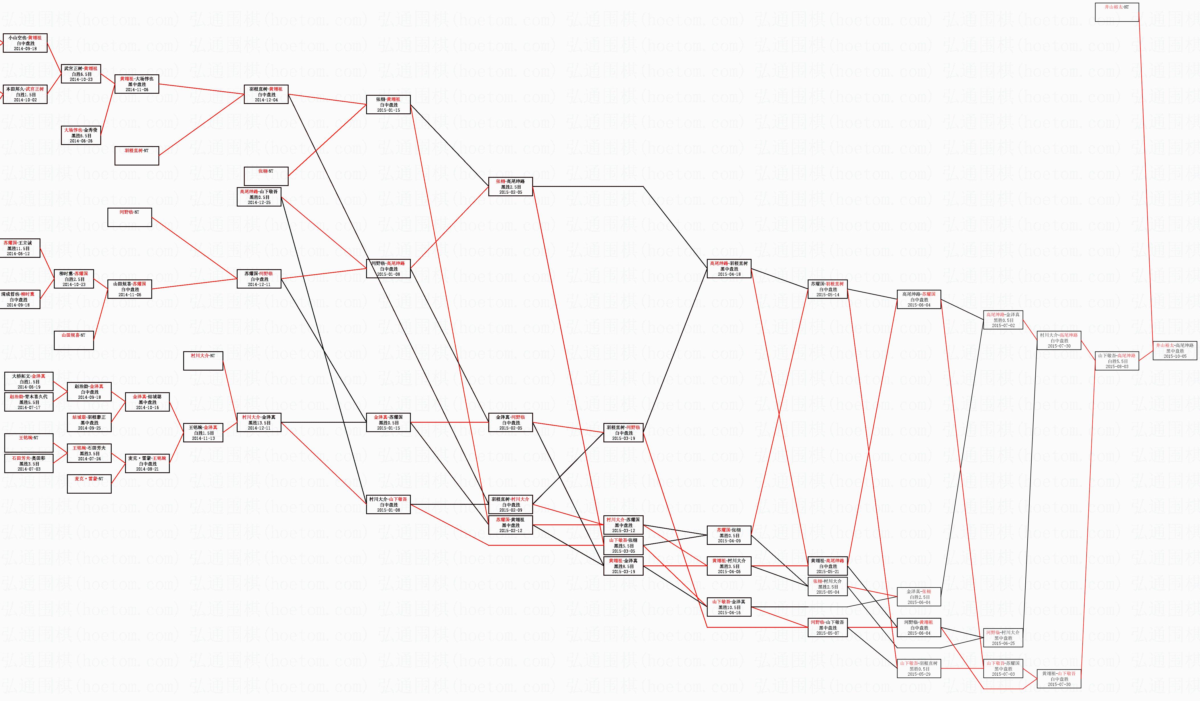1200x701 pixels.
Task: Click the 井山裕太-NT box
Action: click(1117, 12)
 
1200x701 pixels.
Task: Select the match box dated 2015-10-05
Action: click(1175, 351)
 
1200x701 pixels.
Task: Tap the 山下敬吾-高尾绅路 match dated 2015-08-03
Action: click(1117, 361)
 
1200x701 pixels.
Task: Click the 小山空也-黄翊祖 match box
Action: click(25, 43)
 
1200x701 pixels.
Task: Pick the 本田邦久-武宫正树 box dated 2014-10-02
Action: click(25, 94)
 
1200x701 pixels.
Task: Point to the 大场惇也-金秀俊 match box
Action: click(81, 135)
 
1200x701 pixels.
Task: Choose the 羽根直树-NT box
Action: click(137, 156)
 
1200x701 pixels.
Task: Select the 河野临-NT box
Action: click(130, 217)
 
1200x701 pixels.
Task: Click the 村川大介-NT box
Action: click(203, 361)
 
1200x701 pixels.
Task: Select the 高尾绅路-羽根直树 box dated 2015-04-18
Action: click(728, 269)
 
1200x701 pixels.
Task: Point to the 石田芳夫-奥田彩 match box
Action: click(28, 463)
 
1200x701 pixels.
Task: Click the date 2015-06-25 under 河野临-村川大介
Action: click(1003, 643)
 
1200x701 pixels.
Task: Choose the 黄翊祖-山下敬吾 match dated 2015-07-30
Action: click(1059, 678)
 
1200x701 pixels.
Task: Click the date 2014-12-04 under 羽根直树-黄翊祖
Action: click(266, 100)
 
